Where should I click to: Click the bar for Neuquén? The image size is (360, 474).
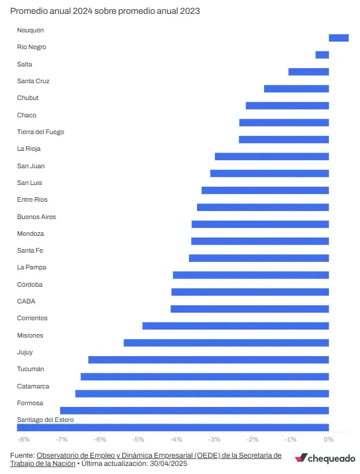pos(339,38)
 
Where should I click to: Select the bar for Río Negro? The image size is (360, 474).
pos(322,55)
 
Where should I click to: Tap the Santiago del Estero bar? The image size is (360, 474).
pos(173,428)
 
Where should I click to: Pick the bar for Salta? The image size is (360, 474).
pos(309,72)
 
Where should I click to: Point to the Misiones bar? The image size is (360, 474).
pos(226,343)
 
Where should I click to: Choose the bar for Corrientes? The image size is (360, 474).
pos(235,326)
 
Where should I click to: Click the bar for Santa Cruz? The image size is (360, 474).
pos(296,89)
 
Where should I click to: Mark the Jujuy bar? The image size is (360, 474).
pos(208,360)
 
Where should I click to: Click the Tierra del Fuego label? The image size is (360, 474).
pos(40,132)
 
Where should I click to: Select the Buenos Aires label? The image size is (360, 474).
pos(36,217)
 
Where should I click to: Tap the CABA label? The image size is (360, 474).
pos(25,301)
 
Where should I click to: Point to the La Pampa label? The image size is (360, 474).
pos(32,267)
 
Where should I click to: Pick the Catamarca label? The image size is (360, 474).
pos(33,386)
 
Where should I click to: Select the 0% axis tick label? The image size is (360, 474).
pos(328,440)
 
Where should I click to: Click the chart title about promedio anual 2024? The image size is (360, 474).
pos(105,11)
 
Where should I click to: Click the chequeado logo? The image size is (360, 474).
pos(325,458)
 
